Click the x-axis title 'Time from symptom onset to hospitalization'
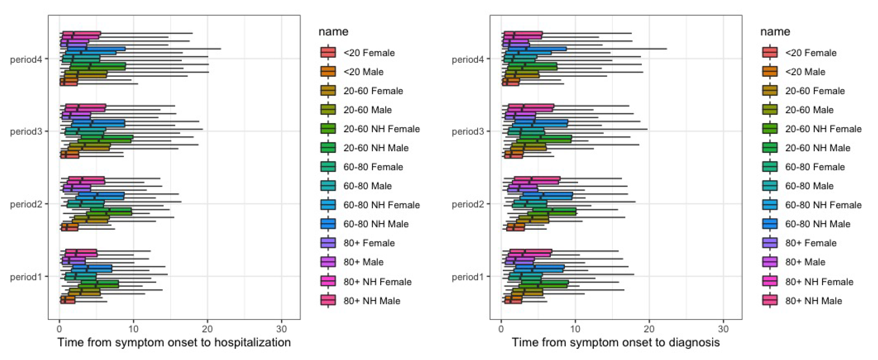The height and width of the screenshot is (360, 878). coord(174,342)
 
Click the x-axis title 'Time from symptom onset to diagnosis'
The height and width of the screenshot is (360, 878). coord(616,342)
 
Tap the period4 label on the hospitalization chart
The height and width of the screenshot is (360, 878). coord(26,59)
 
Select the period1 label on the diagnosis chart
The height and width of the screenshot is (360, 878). coord(468,277)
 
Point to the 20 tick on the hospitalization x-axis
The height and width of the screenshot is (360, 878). coord(207,329)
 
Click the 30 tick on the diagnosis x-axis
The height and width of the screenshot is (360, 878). coord(723,329)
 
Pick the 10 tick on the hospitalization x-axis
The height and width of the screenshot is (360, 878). coord(133,329)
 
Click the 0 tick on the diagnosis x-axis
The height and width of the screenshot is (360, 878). coord(501,329)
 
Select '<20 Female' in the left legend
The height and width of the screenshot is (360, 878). coord(369,53)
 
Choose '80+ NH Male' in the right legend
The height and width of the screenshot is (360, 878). coord(813,301)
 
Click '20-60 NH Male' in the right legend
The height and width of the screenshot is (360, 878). coord(817,148)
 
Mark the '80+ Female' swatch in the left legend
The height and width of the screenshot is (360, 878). coord(328,243)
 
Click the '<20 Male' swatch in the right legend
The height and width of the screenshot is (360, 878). coord(770,71)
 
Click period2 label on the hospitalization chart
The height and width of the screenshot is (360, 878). coord(26,204)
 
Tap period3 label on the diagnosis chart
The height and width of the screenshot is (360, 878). coord(468,131)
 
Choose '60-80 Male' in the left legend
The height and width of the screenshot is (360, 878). coord(367,186)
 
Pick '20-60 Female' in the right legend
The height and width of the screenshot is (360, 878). coord(815,91)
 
